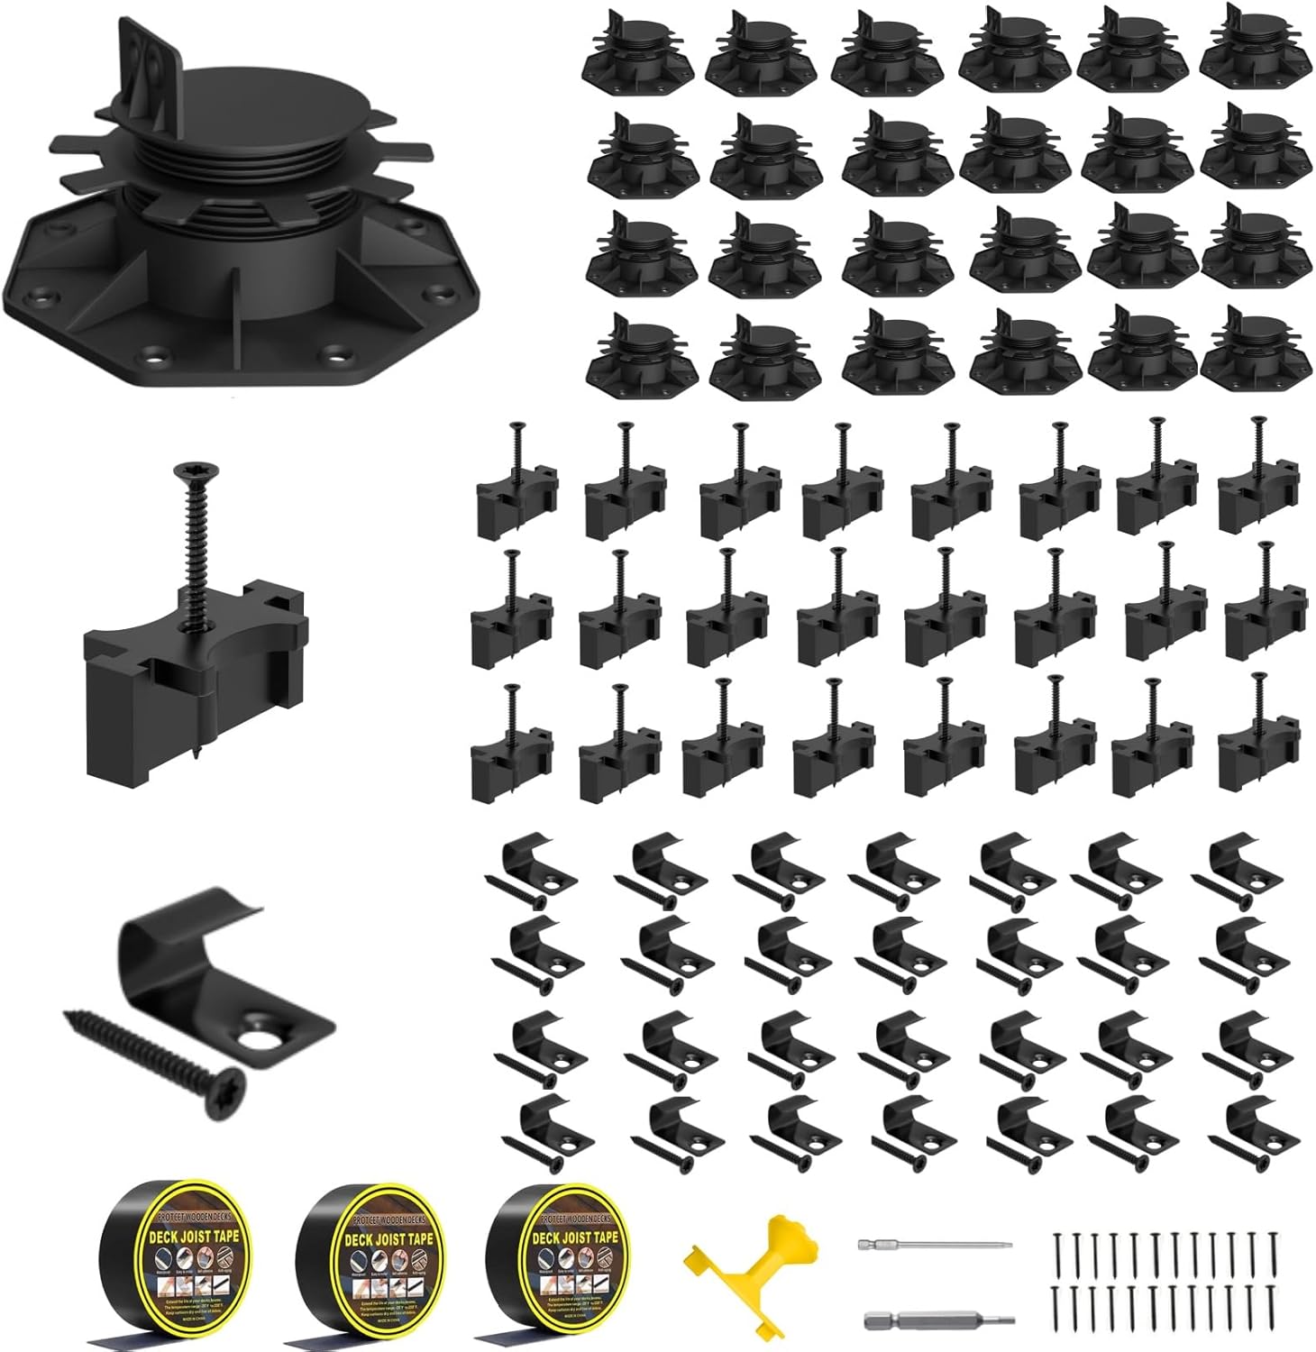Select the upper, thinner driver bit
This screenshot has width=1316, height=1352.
point(934,1245)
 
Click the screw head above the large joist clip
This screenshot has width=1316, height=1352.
point(192,470)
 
